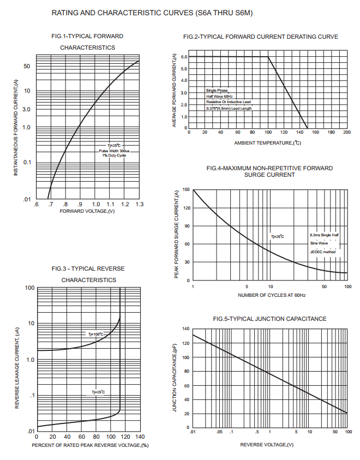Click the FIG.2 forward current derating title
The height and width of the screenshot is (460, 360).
[261, 37]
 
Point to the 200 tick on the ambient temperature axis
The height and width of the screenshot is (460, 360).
[347, 133]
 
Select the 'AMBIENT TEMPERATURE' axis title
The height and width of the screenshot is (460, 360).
[268, 143]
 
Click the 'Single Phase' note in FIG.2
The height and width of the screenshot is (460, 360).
[217, 90]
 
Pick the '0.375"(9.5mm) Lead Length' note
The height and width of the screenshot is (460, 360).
[229, 108]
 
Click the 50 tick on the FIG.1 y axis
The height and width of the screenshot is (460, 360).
[27, 67]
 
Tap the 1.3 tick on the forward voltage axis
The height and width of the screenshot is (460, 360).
[139, 204]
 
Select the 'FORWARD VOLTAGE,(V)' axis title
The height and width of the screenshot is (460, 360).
[87, 211]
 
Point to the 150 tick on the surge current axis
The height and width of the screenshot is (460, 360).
[185, 190]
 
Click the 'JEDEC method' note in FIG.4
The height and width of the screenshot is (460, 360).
[323, 252]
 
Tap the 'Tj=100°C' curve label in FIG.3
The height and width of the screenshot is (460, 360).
[95, 334]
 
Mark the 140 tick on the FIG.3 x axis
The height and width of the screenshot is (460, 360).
[139, 437]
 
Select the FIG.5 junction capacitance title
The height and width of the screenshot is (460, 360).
[269, 319]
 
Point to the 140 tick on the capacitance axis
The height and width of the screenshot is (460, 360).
[185, 329]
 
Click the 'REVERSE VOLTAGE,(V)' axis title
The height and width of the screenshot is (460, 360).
[267, 445]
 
